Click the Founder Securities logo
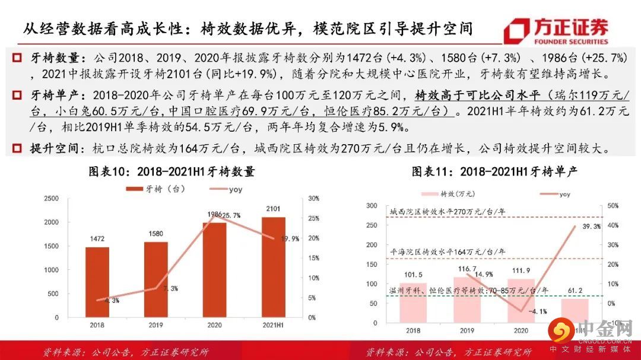click(x=556, y=31)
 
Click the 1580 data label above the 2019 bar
click(x=156, y=233)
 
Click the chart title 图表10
click(x=172, y=172)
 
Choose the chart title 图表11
click(x=495, y=172)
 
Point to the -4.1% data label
click(x=538, y=311)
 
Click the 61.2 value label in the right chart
click(x=575, y=291)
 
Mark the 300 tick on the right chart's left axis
click(x=372, y=206)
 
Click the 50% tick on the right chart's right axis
click(x=611, y=206)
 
